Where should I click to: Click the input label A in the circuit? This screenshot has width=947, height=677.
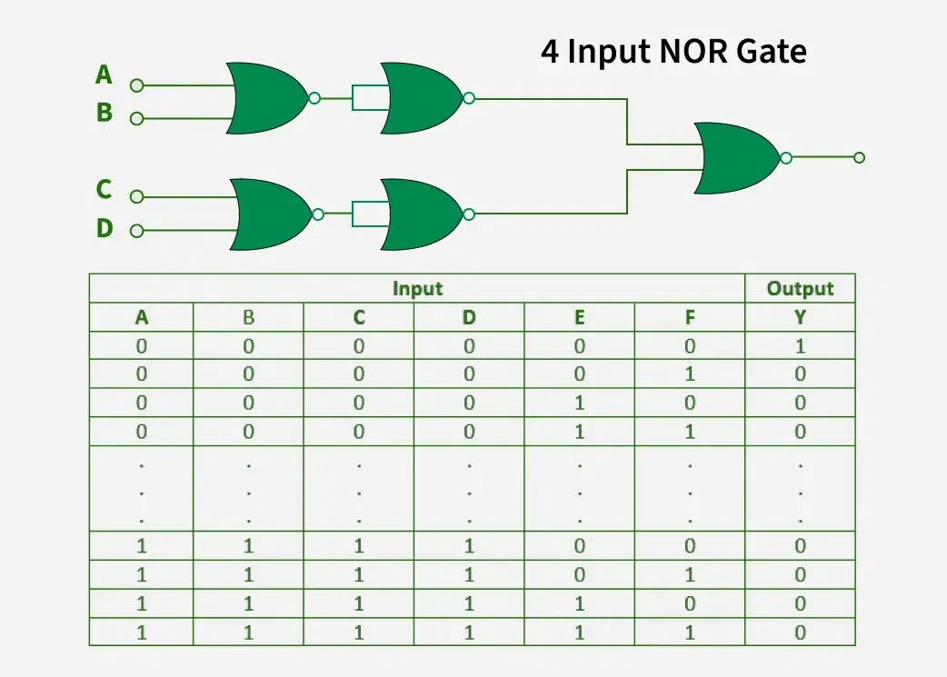(x=104, y=75)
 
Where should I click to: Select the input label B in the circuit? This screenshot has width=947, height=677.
(x=104, y=113)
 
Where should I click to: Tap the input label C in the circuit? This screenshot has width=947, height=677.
(x=104, y=190)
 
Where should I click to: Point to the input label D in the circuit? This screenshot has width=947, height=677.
(x=104, y=229)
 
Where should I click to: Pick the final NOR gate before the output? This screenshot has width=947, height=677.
(x=736, y=157)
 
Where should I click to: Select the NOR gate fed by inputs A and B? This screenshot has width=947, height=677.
(x=268, y=97)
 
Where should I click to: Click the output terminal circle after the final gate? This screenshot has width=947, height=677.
(x=859, y=158)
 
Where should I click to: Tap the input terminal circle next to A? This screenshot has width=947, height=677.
(x=137, y=85)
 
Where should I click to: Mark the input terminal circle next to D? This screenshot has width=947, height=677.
(x=137, y=231)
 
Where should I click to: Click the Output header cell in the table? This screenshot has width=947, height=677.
(x=800, y=289)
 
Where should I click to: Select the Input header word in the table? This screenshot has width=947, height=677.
(x=417, y=289)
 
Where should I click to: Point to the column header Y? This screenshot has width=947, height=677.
(x=800, y=317)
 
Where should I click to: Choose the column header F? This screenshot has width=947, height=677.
(x=690, y=317)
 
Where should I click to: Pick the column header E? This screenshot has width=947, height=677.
(x=579, y=317)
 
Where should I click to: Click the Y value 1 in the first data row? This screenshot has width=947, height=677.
(x=800, y=345)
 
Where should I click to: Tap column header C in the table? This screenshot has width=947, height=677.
(x=359, y=317)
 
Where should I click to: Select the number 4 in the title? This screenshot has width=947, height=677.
(x=550, y=52)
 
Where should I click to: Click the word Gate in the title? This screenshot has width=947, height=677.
(x=772, y=52)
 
